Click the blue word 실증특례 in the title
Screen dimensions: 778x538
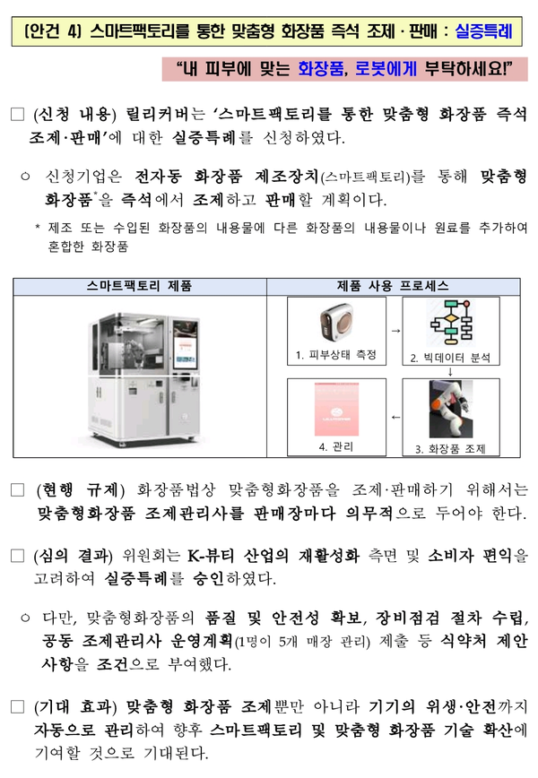(x=482, y=33)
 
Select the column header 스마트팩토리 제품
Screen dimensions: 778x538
(x=139, y=286)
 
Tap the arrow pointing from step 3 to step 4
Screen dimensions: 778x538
(x=395, y=418)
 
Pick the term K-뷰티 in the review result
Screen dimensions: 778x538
(x=211, y=555)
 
